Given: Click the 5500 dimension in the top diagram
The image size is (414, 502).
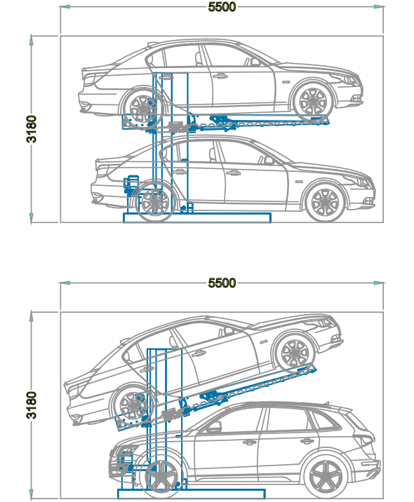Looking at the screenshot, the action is [222, 7].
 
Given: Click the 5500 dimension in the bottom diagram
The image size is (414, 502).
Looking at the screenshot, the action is [222, 283].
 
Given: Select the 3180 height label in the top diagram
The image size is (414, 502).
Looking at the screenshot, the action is [32, 129].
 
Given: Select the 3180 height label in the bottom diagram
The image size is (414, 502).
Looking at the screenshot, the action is [32, 405].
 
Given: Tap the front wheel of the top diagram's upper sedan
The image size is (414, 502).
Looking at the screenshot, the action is [312, 102].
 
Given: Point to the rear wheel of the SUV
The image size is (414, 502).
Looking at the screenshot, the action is [326, 476].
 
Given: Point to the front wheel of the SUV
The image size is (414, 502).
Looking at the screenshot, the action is [161, 477].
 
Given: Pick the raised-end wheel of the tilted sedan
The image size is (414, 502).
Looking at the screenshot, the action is [295, 353].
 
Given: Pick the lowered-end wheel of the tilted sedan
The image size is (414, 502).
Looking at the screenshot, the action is [133, 406].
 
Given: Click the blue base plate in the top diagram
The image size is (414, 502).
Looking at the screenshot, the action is [197, 218].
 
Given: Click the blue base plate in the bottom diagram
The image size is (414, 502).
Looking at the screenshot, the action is [192, 494].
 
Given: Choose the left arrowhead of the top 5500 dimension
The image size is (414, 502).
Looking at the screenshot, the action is [65, 7].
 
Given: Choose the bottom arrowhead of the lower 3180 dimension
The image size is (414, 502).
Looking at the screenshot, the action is [32, 494].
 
